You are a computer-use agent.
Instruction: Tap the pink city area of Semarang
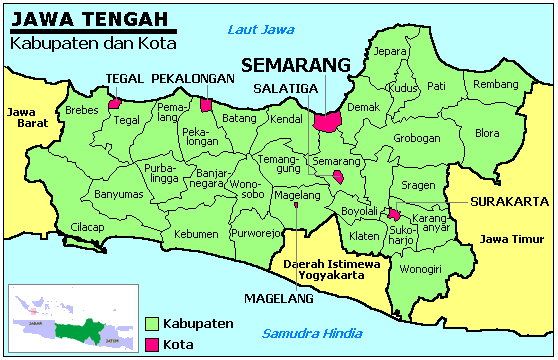tap(327, 121)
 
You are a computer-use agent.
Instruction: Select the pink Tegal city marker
tap(115, 102)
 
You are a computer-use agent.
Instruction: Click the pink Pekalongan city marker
tap(206, 104)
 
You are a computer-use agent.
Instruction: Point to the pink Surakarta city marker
tap(395, 213)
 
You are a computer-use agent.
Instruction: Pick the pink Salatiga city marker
tap(338, 177)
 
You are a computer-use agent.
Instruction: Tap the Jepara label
tap(390, 51)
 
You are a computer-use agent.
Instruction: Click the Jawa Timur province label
tap(505, 239)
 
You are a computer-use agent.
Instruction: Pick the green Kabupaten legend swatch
tap(152, 324)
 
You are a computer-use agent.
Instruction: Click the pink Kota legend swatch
tap(152, 345)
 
